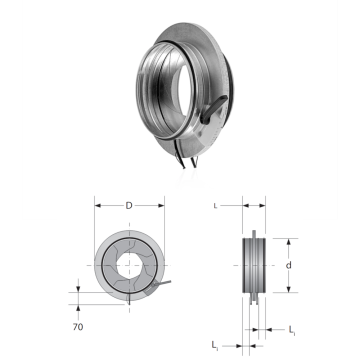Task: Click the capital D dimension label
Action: point(129,206)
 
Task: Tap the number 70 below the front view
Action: point(78,327)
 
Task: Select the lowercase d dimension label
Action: point(289,265)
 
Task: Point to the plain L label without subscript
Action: point(215,206)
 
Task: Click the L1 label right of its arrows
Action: point(292,330)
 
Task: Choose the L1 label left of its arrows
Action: point(215,345)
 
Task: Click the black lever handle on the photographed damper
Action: point(214,110)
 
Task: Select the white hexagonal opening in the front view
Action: point(130,265)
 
